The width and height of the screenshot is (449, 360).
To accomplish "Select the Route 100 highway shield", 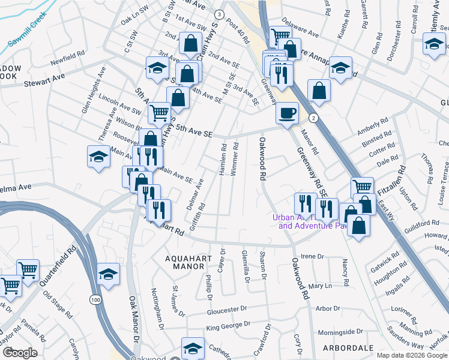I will point(95,299).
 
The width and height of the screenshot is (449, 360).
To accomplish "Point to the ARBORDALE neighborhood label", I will point(348,347).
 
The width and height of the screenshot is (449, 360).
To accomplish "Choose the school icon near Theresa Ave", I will point(98,157).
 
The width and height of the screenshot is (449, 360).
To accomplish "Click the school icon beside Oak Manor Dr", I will point(107,274).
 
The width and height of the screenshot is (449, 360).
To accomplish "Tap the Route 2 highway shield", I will point(313,118).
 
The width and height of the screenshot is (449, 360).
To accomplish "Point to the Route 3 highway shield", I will point(220,14).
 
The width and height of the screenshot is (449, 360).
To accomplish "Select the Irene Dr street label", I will point(312,256).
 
